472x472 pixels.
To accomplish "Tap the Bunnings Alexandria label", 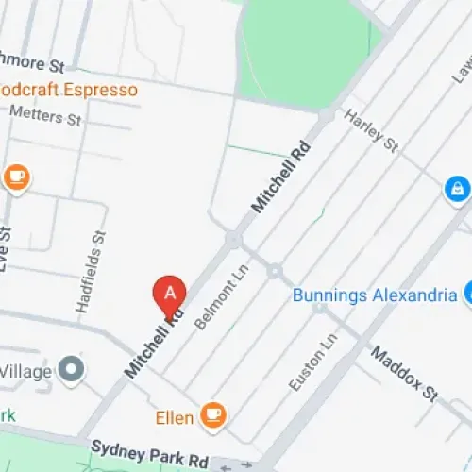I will [374, 295].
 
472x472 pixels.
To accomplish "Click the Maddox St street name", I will [405, 372].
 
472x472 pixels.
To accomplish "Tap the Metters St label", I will [45, 117].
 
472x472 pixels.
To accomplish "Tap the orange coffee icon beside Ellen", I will [215, 415].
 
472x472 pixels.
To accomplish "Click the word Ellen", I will [176, 416].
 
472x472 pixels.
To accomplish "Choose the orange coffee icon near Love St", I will [16, 177].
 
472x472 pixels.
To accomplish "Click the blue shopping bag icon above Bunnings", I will [457, 189].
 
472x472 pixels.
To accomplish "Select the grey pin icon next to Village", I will [71, 370].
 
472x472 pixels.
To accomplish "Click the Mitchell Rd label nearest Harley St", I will [280, 176].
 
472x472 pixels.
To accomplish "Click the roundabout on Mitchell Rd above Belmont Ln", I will [232, 241].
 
